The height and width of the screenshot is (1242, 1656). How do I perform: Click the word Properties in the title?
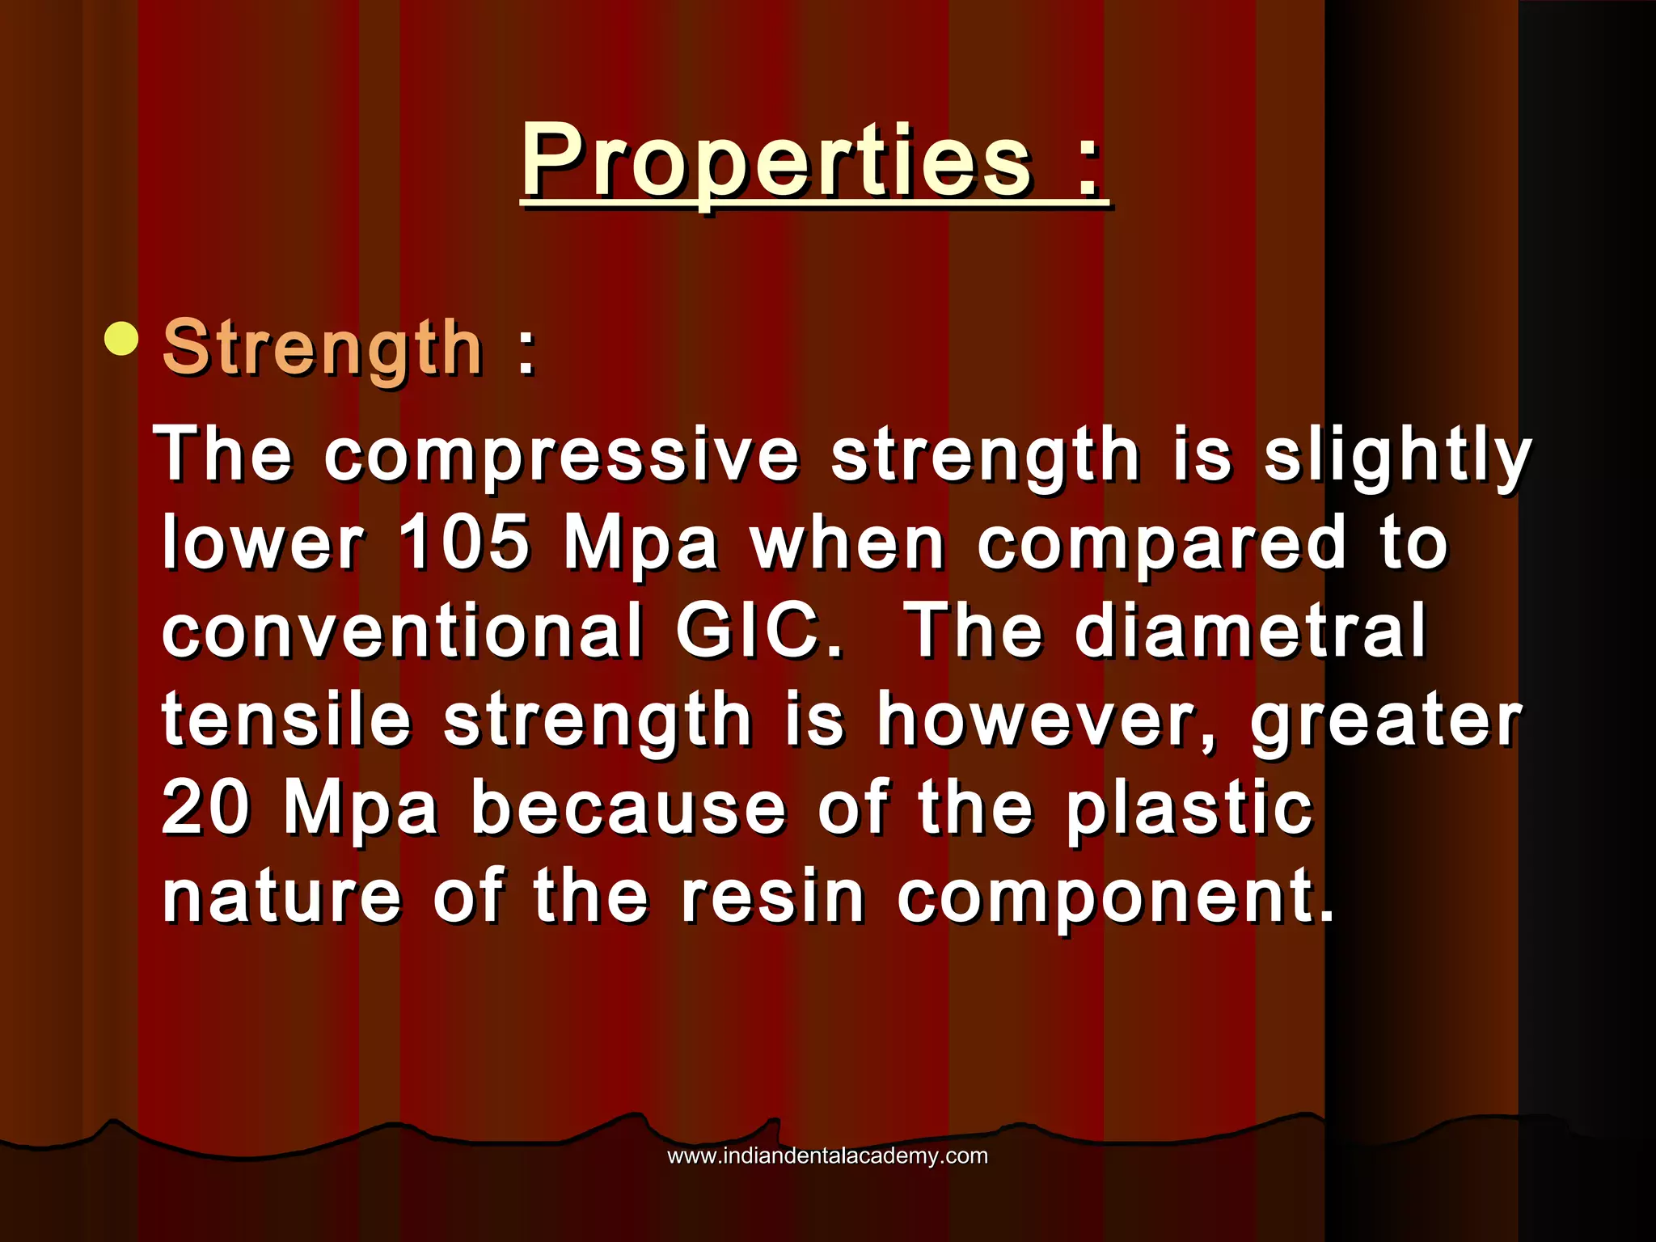tap(776, 162)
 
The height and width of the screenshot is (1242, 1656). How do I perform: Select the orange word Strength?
tap(323, 348)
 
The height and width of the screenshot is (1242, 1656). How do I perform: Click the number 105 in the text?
tap(464, 542)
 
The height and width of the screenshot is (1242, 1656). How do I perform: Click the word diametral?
tap(1250, 631)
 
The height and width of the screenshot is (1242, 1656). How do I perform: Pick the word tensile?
tap(286, 720)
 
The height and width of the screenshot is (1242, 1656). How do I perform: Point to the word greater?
tap(1386, 720)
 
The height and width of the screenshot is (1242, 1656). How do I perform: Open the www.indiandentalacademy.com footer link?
tap(827, 1155)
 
